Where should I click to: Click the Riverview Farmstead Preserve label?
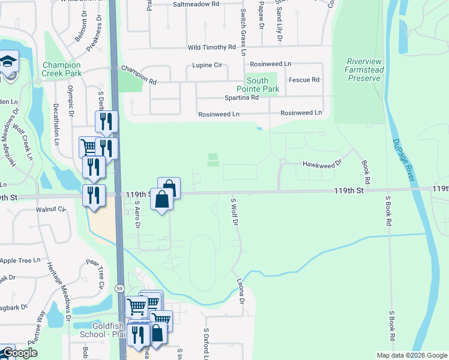[364, 70]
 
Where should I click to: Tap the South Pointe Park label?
[263, 85]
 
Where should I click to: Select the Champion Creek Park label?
[61, 69]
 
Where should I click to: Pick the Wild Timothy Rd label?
[212, 47]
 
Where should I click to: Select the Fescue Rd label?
[304, 80]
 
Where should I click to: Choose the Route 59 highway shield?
[120, 289]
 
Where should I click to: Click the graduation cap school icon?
[8, 62]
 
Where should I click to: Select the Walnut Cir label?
[50, 209]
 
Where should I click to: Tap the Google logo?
[20, 353]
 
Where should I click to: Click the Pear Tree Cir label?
[95, 273]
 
